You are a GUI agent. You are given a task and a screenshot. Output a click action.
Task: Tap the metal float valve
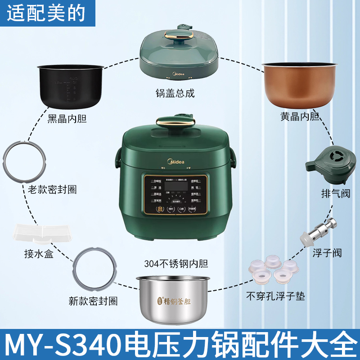(321, 230)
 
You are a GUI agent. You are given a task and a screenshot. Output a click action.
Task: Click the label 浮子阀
(328, 253)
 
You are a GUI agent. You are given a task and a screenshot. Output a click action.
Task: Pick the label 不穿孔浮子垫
(274, 296)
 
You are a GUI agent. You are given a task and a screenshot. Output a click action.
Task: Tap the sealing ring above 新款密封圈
(96, 270)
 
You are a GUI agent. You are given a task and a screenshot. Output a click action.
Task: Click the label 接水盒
(39, 255)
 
